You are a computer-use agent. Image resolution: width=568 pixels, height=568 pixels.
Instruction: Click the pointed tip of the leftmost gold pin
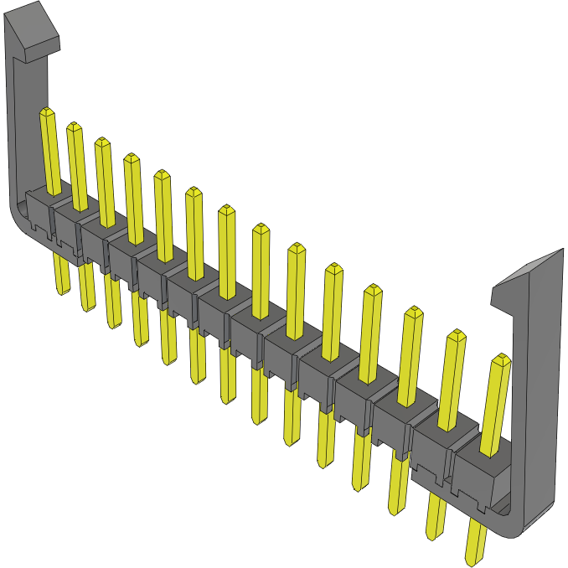click(x=47, y=112)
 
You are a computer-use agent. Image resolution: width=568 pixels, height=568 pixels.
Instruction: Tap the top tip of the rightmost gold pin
click(x=501, y=359)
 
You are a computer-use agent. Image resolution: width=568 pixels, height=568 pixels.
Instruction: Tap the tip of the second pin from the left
click(x=75, y=127)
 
